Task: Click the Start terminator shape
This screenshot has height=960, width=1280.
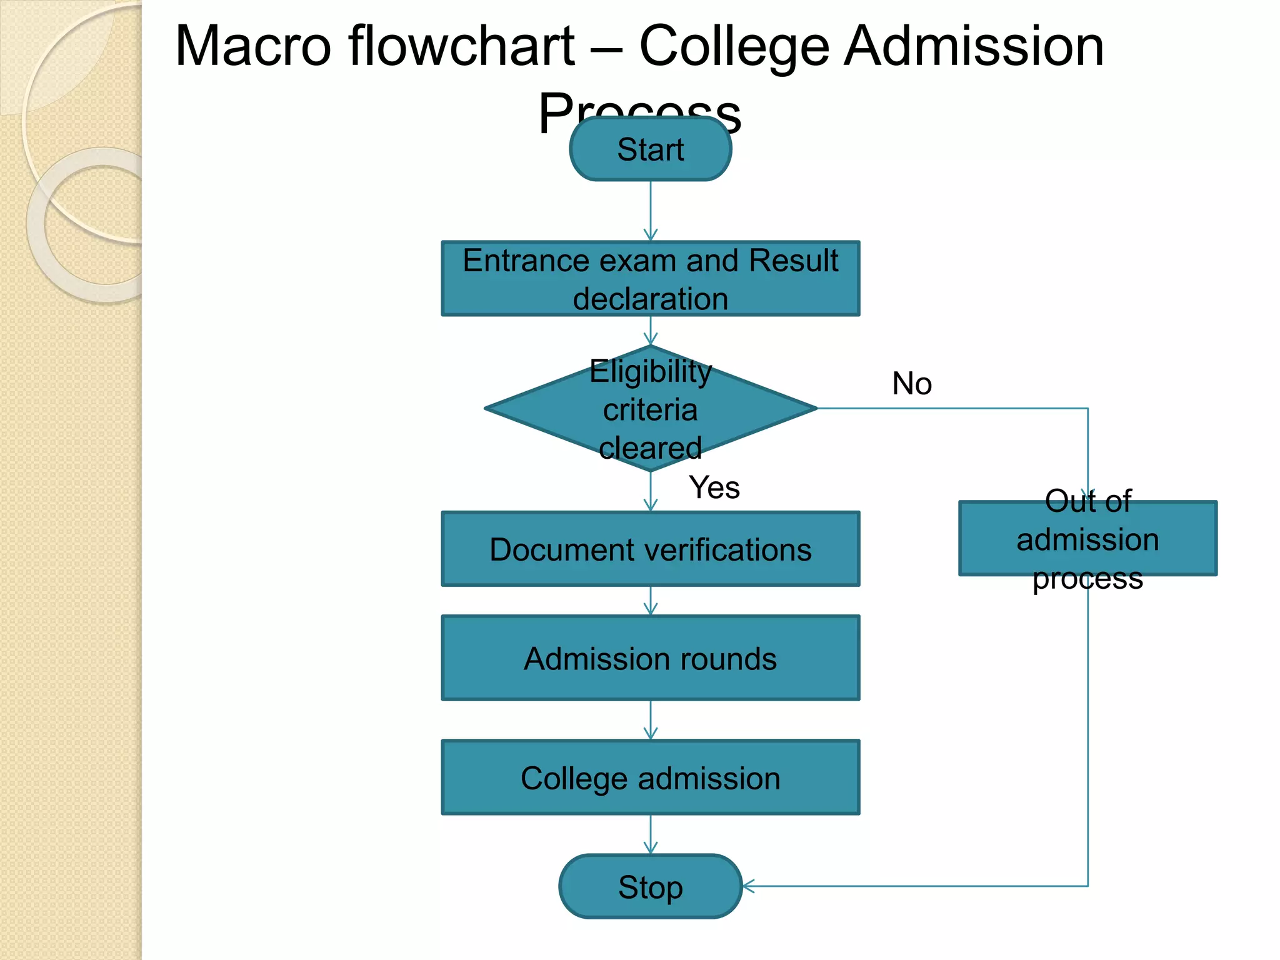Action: click(x=650, y=149)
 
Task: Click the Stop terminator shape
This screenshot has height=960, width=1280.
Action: click(x=650, y=886)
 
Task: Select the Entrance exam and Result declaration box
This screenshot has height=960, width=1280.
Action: click(x=650, y=279)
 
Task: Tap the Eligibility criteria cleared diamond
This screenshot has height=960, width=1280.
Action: click(x=650, y=409)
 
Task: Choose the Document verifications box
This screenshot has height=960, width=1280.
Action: click(x=650, y=549)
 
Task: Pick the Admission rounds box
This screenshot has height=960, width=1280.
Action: click(x=650, y=658)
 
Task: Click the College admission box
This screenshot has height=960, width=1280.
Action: click(x=650, y=777)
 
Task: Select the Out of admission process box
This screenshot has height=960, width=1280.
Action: click(x=1087, y=539)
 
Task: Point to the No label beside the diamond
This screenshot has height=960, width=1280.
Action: click(x=912, y=383)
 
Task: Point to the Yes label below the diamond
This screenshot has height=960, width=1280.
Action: click(x=714, y=487)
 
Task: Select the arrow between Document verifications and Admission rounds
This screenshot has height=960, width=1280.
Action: click(x=651, y=601)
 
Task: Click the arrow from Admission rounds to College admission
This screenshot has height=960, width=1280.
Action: click(x=651, y=720)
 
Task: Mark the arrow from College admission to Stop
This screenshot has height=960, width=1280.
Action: click(x=651, y=835)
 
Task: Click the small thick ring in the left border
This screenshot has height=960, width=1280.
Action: click(x=94, y=225)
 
